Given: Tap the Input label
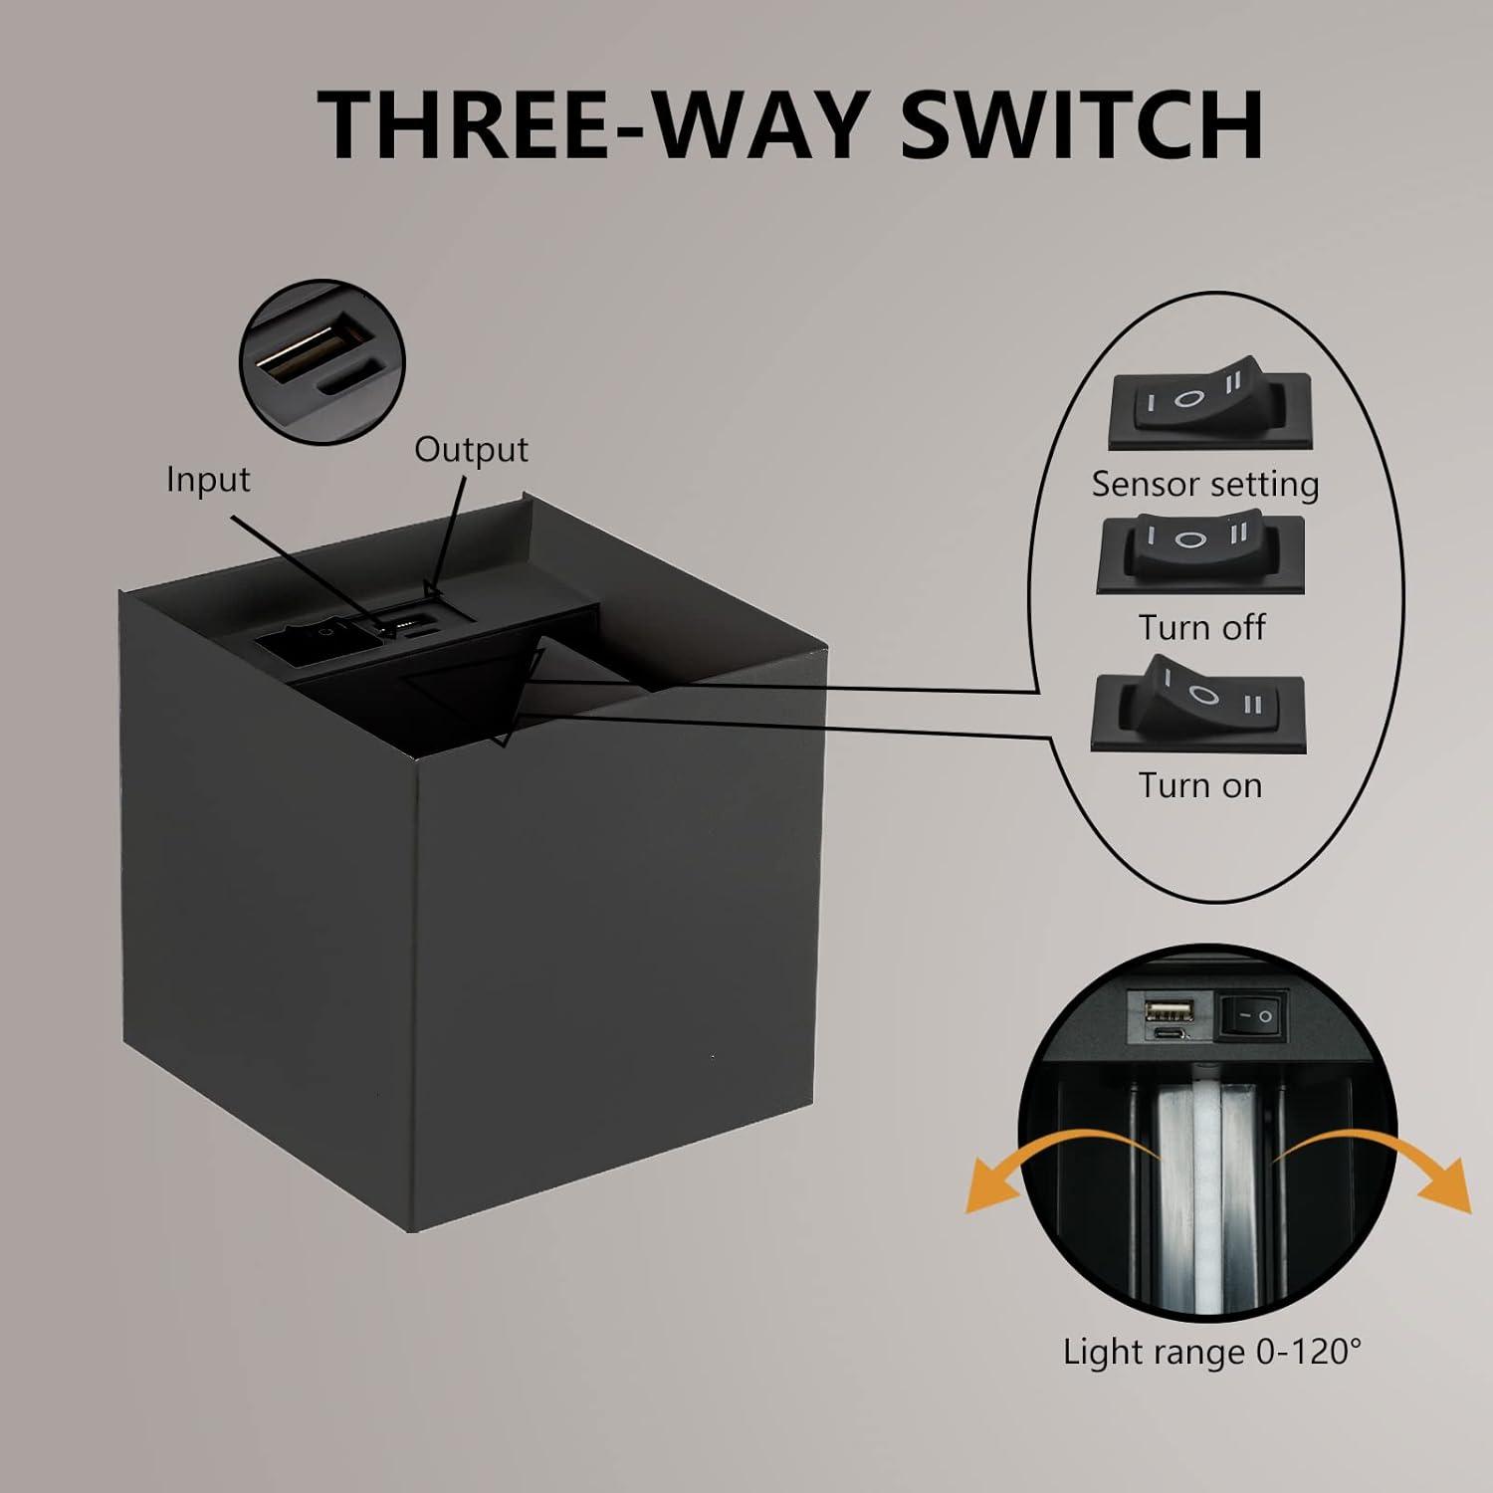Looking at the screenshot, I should coord(208,479).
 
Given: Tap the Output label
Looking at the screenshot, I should coord(471,449).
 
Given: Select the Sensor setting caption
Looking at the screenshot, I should coord(1204,484).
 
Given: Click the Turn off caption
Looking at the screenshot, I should coord(1201,628).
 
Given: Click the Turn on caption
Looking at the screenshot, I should coord(1200,785).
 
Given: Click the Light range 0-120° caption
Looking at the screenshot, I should coord(1211,1352).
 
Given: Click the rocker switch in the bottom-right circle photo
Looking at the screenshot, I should coord(1254,1016).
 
